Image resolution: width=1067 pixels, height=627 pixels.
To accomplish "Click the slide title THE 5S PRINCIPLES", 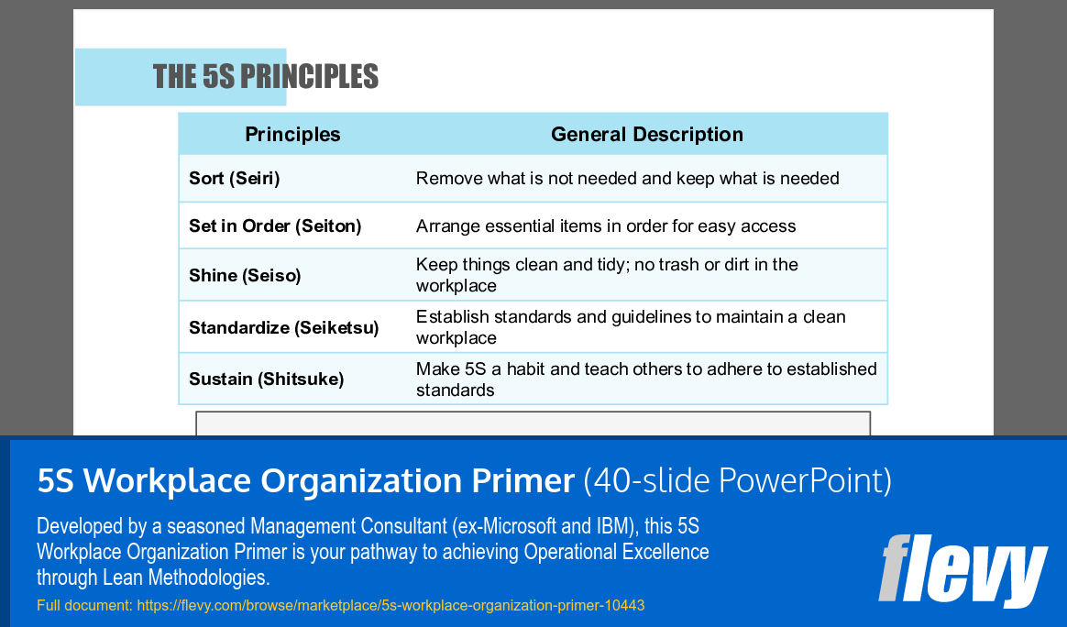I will click(x=265, y=76).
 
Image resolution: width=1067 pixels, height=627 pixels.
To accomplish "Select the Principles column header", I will click(x=292, y=135).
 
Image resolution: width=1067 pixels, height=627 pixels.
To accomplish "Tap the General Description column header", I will click(x=646, y=135).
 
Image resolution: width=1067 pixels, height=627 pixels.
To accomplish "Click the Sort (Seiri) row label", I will click(x=234, y=179).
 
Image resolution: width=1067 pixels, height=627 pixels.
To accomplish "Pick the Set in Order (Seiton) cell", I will click(x=275, y=226).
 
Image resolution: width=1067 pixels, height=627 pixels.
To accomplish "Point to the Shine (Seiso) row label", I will click(x=245, y=276).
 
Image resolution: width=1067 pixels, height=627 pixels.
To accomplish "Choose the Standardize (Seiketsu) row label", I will click(x=283, y=328).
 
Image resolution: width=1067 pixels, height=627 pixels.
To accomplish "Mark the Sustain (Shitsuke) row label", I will click(x=266, y=379).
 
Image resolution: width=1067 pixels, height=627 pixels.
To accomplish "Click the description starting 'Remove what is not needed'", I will click(x=627, y=179).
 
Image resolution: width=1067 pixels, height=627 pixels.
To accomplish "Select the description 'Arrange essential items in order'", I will click(x=606, y=226).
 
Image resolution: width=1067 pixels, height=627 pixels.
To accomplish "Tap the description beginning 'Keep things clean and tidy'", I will click(x=607, y=275).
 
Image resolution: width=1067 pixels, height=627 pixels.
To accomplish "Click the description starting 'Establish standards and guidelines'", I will click(x=631, y=327).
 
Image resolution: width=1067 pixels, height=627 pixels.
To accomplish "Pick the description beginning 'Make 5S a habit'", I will click(x=646, y=379).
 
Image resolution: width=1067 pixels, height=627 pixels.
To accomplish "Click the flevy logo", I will click(x=962, y=569).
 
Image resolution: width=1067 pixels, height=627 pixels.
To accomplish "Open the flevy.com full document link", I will click(x=390, y=606).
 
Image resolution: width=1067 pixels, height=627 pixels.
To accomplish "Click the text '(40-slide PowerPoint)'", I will click(x=738, y=481).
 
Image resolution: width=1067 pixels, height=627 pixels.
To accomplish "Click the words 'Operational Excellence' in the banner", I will click(x=616, y=553).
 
